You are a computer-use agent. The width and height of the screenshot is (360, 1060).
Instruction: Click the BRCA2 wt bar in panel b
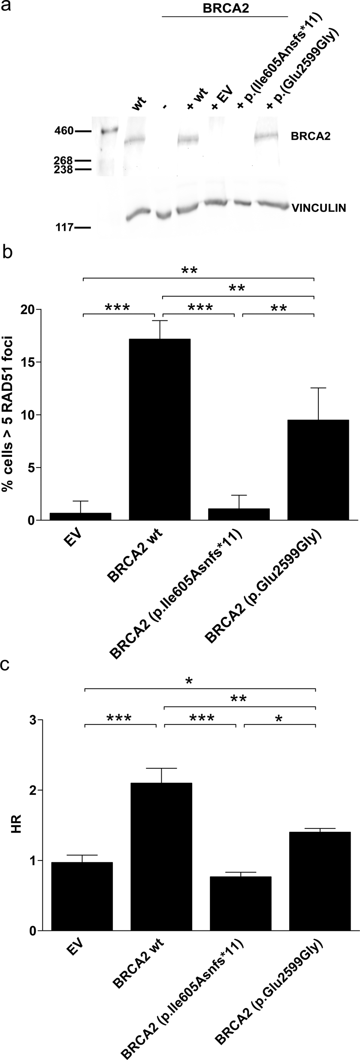(160, 429)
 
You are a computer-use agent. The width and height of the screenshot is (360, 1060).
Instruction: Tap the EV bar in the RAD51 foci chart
(81, 516)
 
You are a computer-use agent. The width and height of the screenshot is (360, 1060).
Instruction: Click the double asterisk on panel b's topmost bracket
(191, 271)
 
